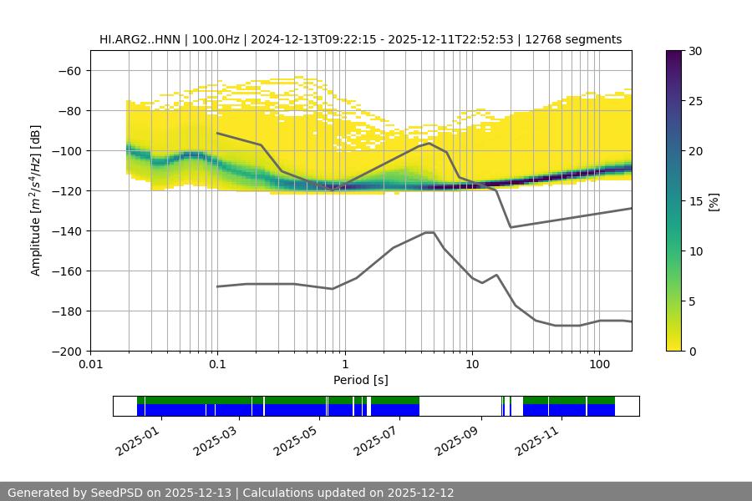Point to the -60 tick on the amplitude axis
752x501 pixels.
71,71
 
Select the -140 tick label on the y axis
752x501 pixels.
68,231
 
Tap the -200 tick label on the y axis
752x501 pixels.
68,352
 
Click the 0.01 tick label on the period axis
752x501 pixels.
90,365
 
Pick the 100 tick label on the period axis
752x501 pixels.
598,365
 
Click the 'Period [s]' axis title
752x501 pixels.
360,380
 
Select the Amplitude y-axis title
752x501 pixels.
35,200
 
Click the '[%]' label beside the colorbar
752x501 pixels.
713,201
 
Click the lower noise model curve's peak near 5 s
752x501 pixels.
429,232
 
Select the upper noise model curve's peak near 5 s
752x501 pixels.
429,143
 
